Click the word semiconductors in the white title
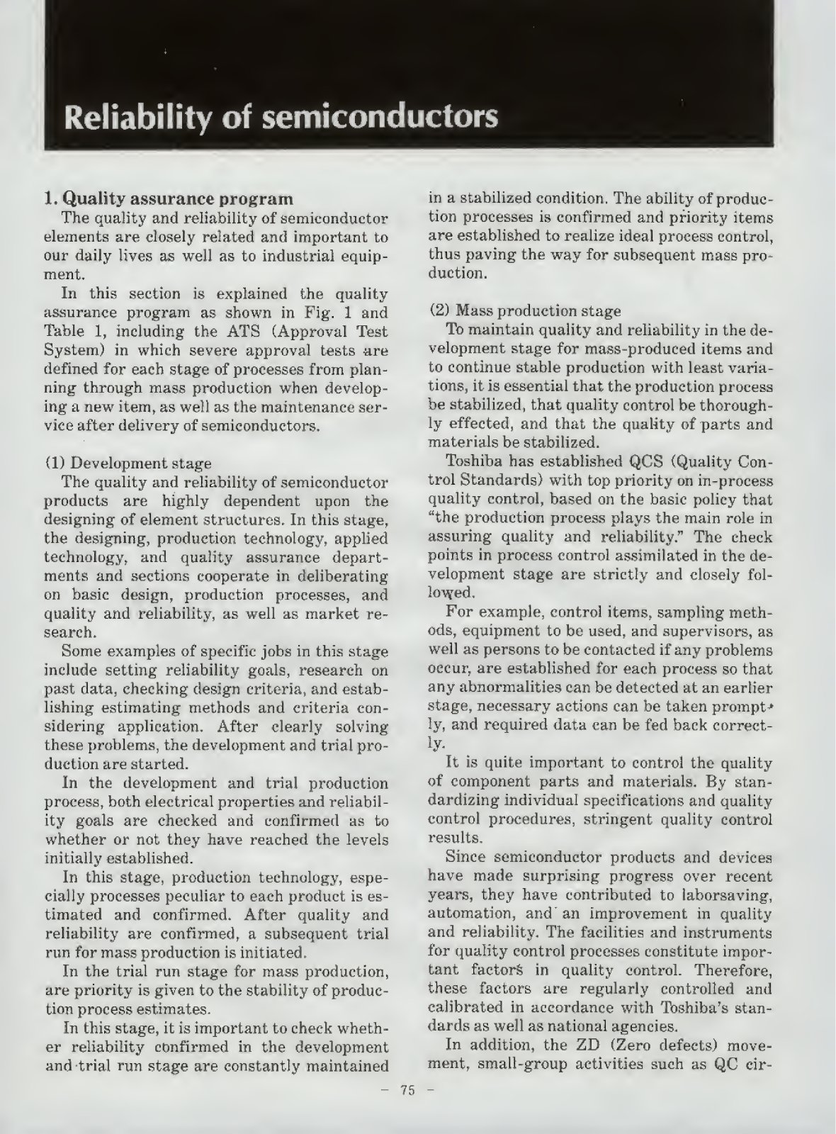click(x=380, y=117)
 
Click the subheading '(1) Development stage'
click(x=128, y=464)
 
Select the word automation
click(x=470, y=914)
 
